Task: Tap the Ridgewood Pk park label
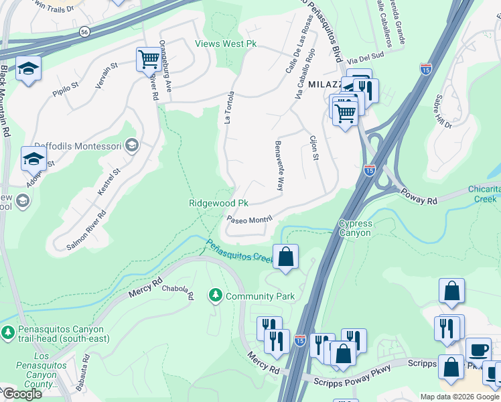tap(218, 203)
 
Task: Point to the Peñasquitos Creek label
tap(238, 253)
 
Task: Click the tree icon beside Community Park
tap(216, 295)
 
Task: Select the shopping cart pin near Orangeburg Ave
tap(149, 59)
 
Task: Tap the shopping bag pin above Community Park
tap(285, 257)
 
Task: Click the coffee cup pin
tap(478, 350)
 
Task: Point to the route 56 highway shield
tap(84, 31)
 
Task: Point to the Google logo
tap(21, 393)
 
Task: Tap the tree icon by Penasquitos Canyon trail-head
tap(7, 332)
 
